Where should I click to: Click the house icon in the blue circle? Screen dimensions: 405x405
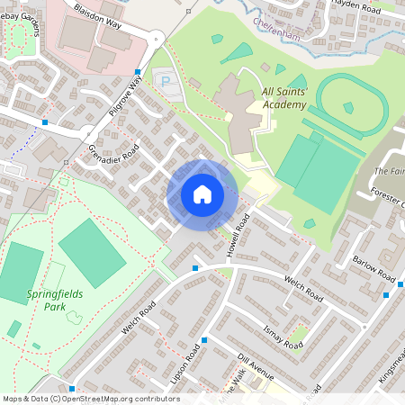[x=202, y=194]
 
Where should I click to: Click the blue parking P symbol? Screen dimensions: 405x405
[x=165, y=82]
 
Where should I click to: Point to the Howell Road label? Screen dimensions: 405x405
[x=238, y=233]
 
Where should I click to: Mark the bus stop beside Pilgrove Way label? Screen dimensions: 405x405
[x=138, y=72]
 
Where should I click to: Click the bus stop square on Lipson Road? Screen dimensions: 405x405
[x=205, y=340]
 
